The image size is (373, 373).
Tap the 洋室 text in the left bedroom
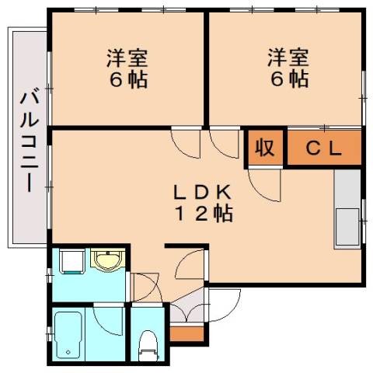coord(127,58)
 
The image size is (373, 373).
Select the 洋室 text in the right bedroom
coord(288,58)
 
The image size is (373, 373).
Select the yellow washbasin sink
coord(104,260)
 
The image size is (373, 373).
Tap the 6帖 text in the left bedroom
coord(127,79)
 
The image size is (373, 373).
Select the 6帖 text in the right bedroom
coord(288,79)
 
